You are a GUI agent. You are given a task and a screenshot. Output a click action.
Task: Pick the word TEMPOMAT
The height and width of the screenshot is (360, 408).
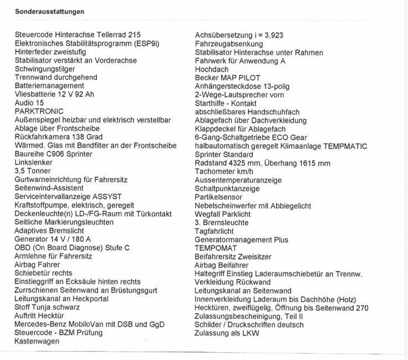tap(216, 248)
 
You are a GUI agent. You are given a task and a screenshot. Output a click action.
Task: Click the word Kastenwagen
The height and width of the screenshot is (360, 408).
tap(37, 342)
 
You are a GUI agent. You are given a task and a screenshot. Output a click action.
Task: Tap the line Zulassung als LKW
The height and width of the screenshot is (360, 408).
tap(227, 333)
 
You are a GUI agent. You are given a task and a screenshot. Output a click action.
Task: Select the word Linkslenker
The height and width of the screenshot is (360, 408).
tap(34, 163)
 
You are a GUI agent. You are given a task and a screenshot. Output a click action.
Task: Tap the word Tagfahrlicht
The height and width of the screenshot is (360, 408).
tap(214, 231)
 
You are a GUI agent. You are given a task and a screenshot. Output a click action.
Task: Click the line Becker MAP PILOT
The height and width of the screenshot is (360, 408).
tap(228, 78)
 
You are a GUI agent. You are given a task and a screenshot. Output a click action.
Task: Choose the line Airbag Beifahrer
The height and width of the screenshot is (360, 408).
tap(222, 265)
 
